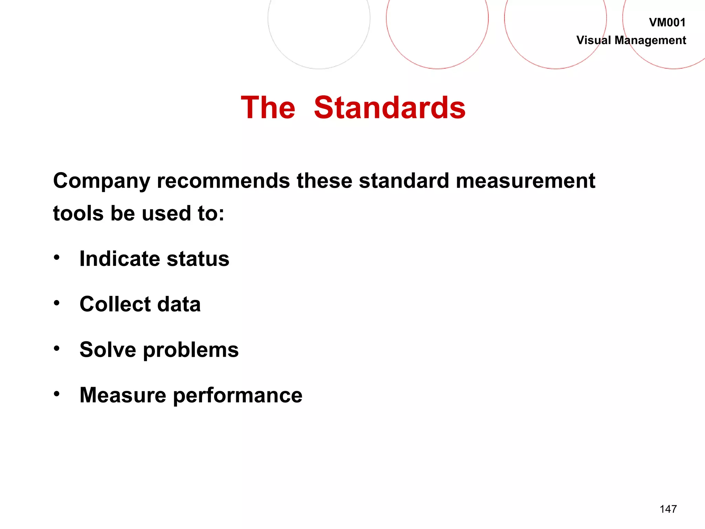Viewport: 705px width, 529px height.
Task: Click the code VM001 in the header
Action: click(x=667, y=23)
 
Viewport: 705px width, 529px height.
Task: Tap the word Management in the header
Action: click(x=650, y=41)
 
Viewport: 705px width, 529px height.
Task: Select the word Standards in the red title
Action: click(x=390, y=108)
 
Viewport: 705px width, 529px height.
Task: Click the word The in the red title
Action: click(x=268, y=108)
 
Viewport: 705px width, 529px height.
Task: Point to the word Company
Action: click(x=102, y=181)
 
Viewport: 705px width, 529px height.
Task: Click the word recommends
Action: click(x=223, y=181)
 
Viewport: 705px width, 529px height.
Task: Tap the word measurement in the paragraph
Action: click(x=525, y=181)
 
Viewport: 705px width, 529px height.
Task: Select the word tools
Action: click(x=78, y=213)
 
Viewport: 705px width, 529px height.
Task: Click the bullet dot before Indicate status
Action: click(x=57, y=257)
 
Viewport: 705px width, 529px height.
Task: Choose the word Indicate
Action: click(x=119, y=259)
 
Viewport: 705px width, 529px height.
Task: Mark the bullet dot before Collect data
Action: click(x=57, y=303)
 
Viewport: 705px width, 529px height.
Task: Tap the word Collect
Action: click(x=115, y=304)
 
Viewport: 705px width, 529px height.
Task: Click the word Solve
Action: click(x=108, y=350)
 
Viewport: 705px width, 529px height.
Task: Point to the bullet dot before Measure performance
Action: click(x=57, y=394)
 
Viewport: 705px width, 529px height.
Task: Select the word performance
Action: click(x=238, y=396)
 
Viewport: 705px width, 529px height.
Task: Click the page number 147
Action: click(x=668, y=509)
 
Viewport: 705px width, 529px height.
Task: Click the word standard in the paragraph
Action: click(x=404, y=181)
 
